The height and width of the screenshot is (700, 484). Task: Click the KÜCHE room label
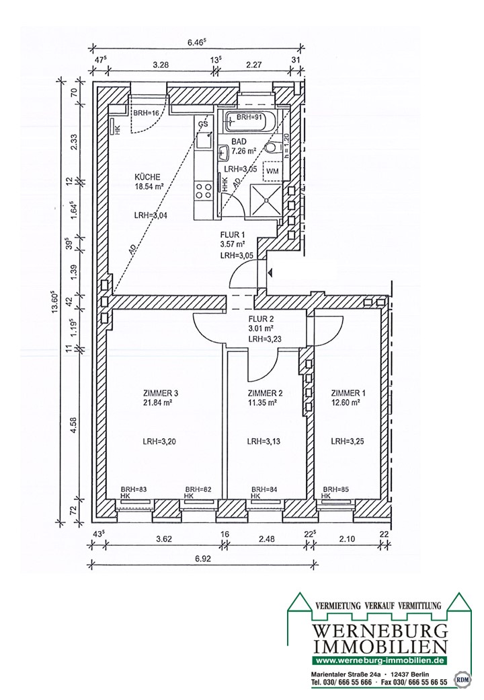(147, 177)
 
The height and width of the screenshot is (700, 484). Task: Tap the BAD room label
(239, 142)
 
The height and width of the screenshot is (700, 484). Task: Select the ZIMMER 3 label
(161, 393)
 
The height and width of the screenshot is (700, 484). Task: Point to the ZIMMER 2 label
(265, 393)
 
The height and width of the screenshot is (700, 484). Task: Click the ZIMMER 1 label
(348, 393)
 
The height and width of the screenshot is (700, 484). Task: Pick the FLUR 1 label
(233, 235)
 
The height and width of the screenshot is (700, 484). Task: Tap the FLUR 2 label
(261, 319)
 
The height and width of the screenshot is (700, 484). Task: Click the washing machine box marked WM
(272, 170)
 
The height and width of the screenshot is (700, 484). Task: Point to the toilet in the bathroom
(272, 147)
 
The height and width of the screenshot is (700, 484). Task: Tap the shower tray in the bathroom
(266, 200)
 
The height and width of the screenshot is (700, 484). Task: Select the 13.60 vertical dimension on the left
(54, 303)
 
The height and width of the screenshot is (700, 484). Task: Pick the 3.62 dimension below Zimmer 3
(164, 539)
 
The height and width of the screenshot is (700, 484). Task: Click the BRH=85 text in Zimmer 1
(335, 489)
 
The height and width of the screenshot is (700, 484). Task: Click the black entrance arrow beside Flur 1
(270, 273)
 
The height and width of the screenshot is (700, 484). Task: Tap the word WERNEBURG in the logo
(380, 631)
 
